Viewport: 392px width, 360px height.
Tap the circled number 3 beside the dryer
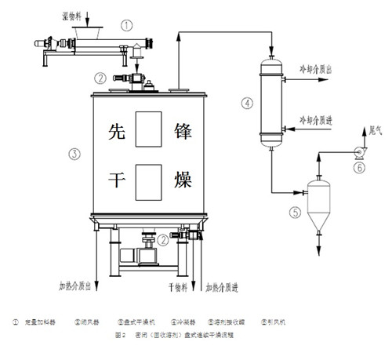(x=74, y=153)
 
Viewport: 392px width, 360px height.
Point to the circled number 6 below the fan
(x=360, y=167)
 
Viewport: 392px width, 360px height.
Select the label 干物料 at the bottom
(x=176, y=286)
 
